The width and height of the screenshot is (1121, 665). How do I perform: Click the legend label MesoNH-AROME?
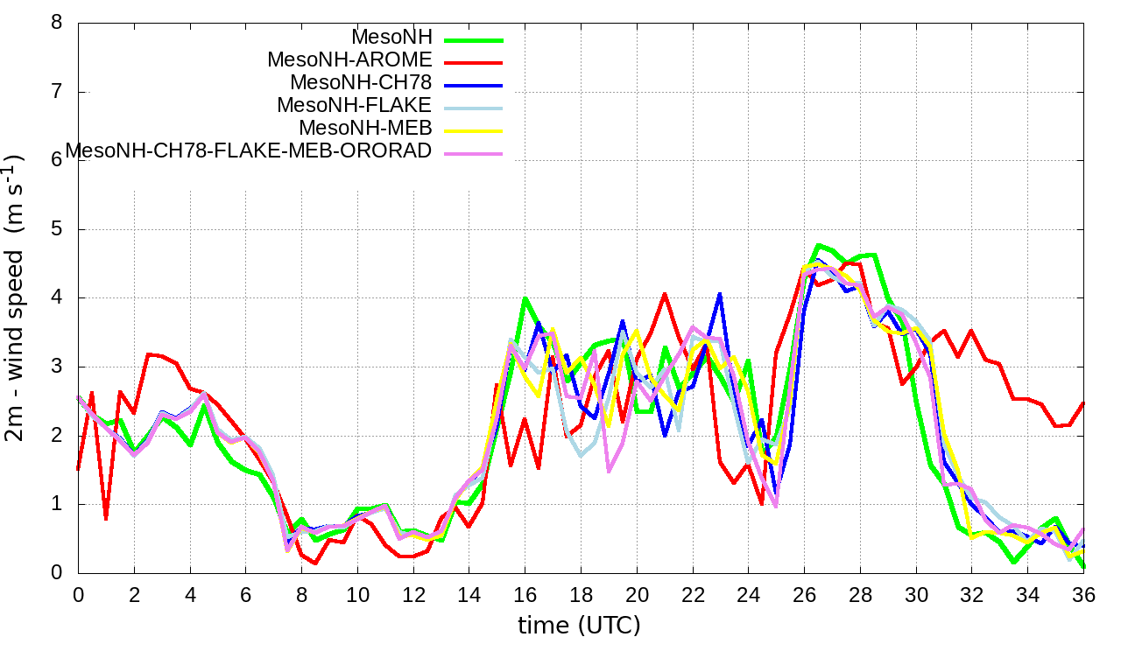click(349, 60)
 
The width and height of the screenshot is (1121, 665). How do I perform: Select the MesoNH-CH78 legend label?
click(361, 83)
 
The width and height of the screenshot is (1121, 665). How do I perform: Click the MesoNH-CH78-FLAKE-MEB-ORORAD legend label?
click(249, 151)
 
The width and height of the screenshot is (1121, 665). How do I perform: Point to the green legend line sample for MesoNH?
click(474, 39)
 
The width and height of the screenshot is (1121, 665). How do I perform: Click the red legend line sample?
click(474, 62)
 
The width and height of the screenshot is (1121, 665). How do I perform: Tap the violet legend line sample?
click(474, 153)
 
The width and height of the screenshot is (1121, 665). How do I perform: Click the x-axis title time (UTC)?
click(579, 626)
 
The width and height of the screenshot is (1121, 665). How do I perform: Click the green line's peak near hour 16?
click(525, 298)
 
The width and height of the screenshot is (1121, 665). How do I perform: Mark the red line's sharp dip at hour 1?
click(106, 519)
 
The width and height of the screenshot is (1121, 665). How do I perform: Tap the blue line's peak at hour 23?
click(720, 294)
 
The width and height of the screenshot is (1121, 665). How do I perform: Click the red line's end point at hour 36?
click(1083, 403)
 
